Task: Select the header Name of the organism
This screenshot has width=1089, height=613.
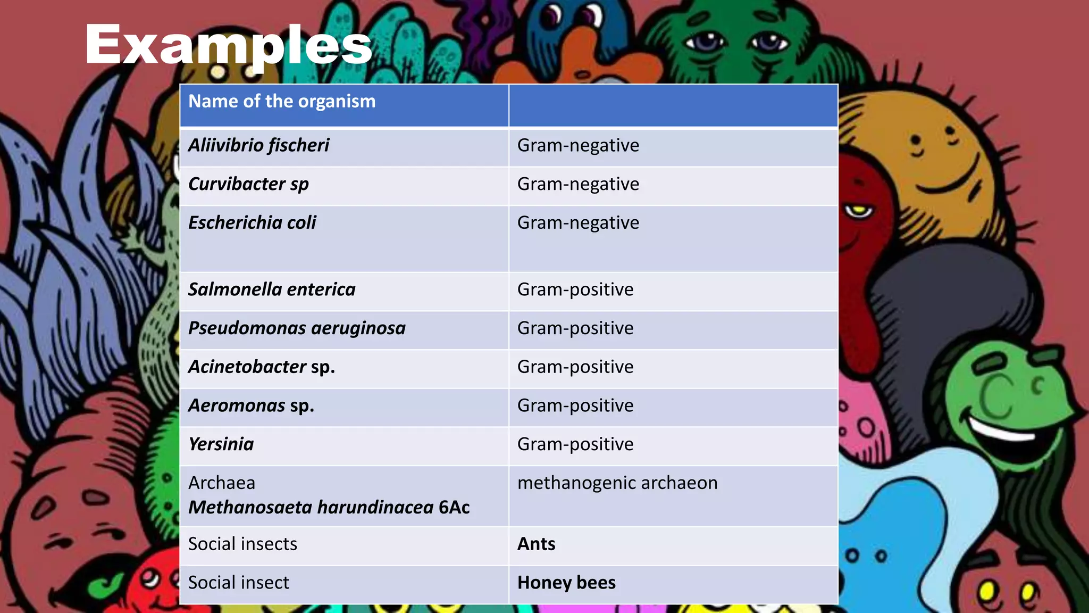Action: [282, 101]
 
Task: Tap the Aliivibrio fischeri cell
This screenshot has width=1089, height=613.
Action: [258, 145]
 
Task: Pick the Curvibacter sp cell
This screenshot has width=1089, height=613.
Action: [248, 184]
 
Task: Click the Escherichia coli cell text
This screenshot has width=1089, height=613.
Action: [252, 222]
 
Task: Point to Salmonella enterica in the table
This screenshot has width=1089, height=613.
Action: [272, 289]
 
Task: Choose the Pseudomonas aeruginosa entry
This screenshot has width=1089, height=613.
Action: [297, 328]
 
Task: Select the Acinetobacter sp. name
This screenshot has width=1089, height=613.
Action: [262, 367]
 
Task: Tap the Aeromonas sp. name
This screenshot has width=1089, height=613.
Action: [251, 406]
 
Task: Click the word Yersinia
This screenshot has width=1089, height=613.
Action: [221, 444]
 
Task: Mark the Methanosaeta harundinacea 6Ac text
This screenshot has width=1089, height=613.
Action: [329, 508]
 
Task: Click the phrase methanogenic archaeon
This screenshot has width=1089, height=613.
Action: [617, 483]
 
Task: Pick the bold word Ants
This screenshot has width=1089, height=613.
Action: [536, 544]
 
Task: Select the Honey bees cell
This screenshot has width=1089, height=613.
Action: [566, 583]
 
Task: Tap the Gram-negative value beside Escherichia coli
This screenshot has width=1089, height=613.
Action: [578, 223]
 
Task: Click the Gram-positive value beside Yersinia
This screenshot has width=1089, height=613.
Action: [575, 444]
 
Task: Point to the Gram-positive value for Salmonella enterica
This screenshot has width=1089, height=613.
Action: [575, 289]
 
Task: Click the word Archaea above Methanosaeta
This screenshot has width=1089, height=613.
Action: [222, 483]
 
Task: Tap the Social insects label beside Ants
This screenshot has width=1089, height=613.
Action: [242, 544]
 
